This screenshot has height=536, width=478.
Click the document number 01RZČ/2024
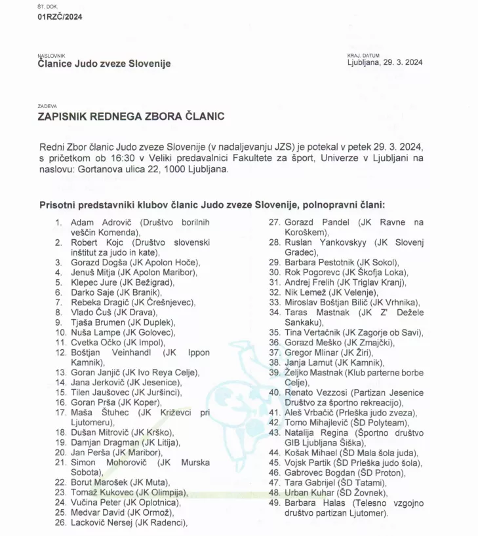[x=60, y=17]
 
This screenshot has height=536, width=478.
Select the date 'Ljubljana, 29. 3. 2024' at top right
[x=385, y=63]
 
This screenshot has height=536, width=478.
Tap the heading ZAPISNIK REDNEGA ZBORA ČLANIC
[x=132, y=117]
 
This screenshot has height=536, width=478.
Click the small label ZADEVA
[x=47, y=105]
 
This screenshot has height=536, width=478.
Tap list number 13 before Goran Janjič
[x=61, y=372]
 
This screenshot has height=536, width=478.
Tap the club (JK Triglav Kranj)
[x=371, y=282]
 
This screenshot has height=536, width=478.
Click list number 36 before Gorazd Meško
[x=275, y=342]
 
